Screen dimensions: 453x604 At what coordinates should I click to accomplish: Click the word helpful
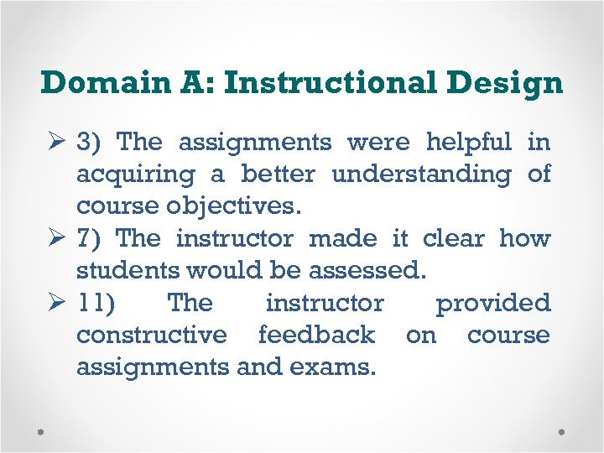(468, 142)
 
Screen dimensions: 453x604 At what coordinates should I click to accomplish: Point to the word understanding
(421, 174)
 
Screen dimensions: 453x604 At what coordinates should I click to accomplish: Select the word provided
(492, 302)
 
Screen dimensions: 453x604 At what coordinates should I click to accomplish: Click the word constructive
(151, 335)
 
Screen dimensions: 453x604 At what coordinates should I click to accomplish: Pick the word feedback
(316, 335)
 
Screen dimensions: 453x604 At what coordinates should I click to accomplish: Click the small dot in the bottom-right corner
(561, 431)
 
